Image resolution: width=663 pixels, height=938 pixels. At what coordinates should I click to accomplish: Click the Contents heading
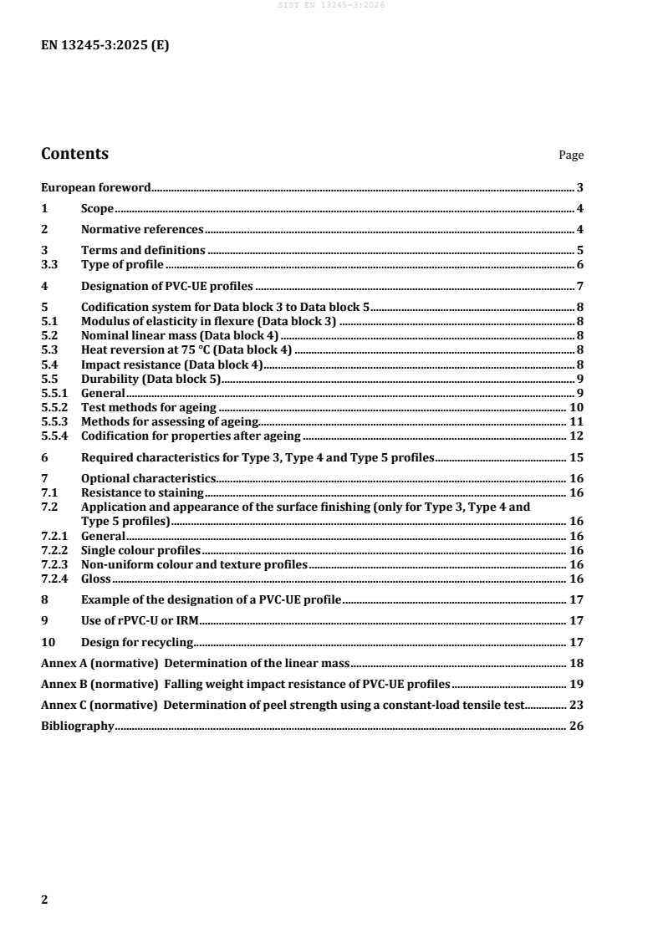pos(74,154)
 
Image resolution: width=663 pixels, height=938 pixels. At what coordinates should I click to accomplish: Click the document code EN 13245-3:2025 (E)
pos(105,46)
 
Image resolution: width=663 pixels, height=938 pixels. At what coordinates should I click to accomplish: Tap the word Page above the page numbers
pos(571,155)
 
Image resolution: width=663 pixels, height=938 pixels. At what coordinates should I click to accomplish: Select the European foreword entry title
pos(95,190)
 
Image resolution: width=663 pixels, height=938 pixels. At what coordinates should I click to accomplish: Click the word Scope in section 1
pos(97,210)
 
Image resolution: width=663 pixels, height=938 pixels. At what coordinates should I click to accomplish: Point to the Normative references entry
pos(141,230)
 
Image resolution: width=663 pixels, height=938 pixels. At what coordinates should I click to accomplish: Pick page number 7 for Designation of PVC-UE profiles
pos(579,287)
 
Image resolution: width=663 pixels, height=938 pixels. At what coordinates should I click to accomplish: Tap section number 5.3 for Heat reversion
pos(49,349)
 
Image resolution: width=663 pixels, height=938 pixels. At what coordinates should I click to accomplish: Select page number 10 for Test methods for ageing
pos(576,407)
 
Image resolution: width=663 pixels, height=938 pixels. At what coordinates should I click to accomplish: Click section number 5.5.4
pos(55,436)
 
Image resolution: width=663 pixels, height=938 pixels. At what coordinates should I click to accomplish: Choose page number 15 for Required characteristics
pos(576,457)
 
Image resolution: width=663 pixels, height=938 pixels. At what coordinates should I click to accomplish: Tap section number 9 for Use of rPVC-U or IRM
pos(44,620)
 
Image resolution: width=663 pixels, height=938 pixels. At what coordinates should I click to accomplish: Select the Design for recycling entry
pos(137,642)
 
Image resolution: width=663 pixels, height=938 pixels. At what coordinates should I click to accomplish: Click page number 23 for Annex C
pos(576,705)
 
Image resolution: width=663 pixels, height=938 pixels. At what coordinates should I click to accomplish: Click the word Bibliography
pos(77,726)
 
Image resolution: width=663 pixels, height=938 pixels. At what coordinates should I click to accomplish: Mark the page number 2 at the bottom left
pos(45,876)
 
